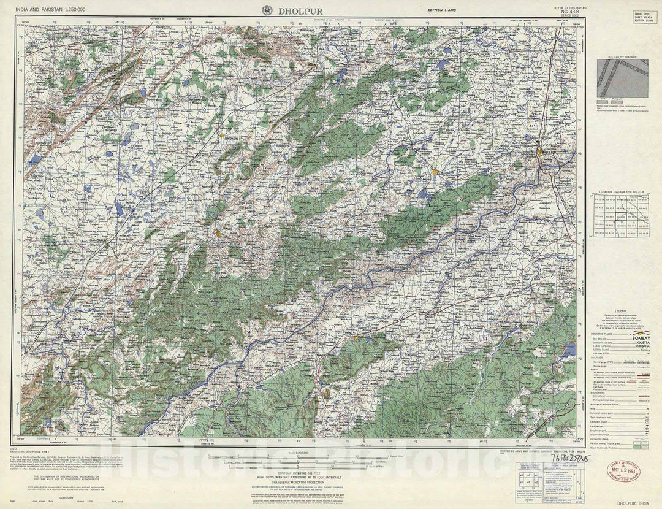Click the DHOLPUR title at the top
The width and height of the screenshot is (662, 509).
[x=300, y=10]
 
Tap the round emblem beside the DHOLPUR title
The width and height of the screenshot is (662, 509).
[x=267, y=10]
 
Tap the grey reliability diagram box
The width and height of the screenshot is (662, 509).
[x=622, y=78]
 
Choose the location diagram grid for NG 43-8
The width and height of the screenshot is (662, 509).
[x=622, y=215]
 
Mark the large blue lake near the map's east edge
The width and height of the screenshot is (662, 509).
[x=571, y=350]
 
